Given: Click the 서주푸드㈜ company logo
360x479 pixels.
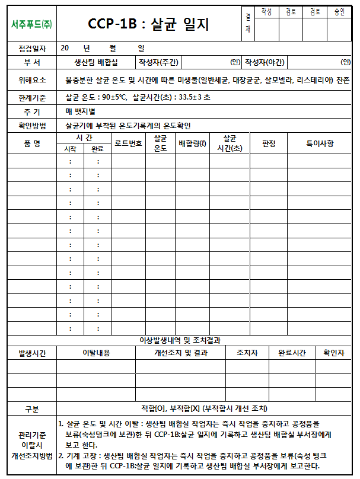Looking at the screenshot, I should point(31,24).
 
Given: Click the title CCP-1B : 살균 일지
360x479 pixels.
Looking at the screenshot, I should point(148,24).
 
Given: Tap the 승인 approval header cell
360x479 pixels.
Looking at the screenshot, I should point(339,12).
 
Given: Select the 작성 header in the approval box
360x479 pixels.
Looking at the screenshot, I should point(266,12).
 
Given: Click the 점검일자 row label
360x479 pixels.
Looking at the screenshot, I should point(32,48).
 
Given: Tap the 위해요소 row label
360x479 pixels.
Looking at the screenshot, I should point(32,79).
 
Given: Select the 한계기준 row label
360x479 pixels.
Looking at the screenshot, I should point(32,97).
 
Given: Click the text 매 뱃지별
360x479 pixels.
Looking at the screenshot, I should point(81,111).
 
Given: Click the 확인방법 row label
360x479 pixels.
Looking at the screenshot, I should point(32,125).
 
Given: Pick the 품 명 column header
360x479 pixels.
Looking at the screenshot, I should point(32,143).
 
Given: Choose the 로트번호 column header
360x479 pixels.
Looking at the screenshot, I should point(128,143).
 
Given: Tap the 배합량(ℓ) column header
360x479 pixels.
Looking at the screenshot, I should point(192,143).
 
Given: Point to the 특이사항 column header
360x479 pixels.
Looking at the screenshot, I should point(320,143).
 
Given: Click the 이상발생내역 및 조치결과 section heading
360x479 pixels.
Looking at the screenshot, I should point(179,340).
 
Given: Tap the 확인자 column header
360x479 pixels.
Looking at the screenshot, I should point(333,353).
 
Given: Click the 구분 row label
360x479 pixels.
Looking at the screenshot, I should point(32,409).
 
